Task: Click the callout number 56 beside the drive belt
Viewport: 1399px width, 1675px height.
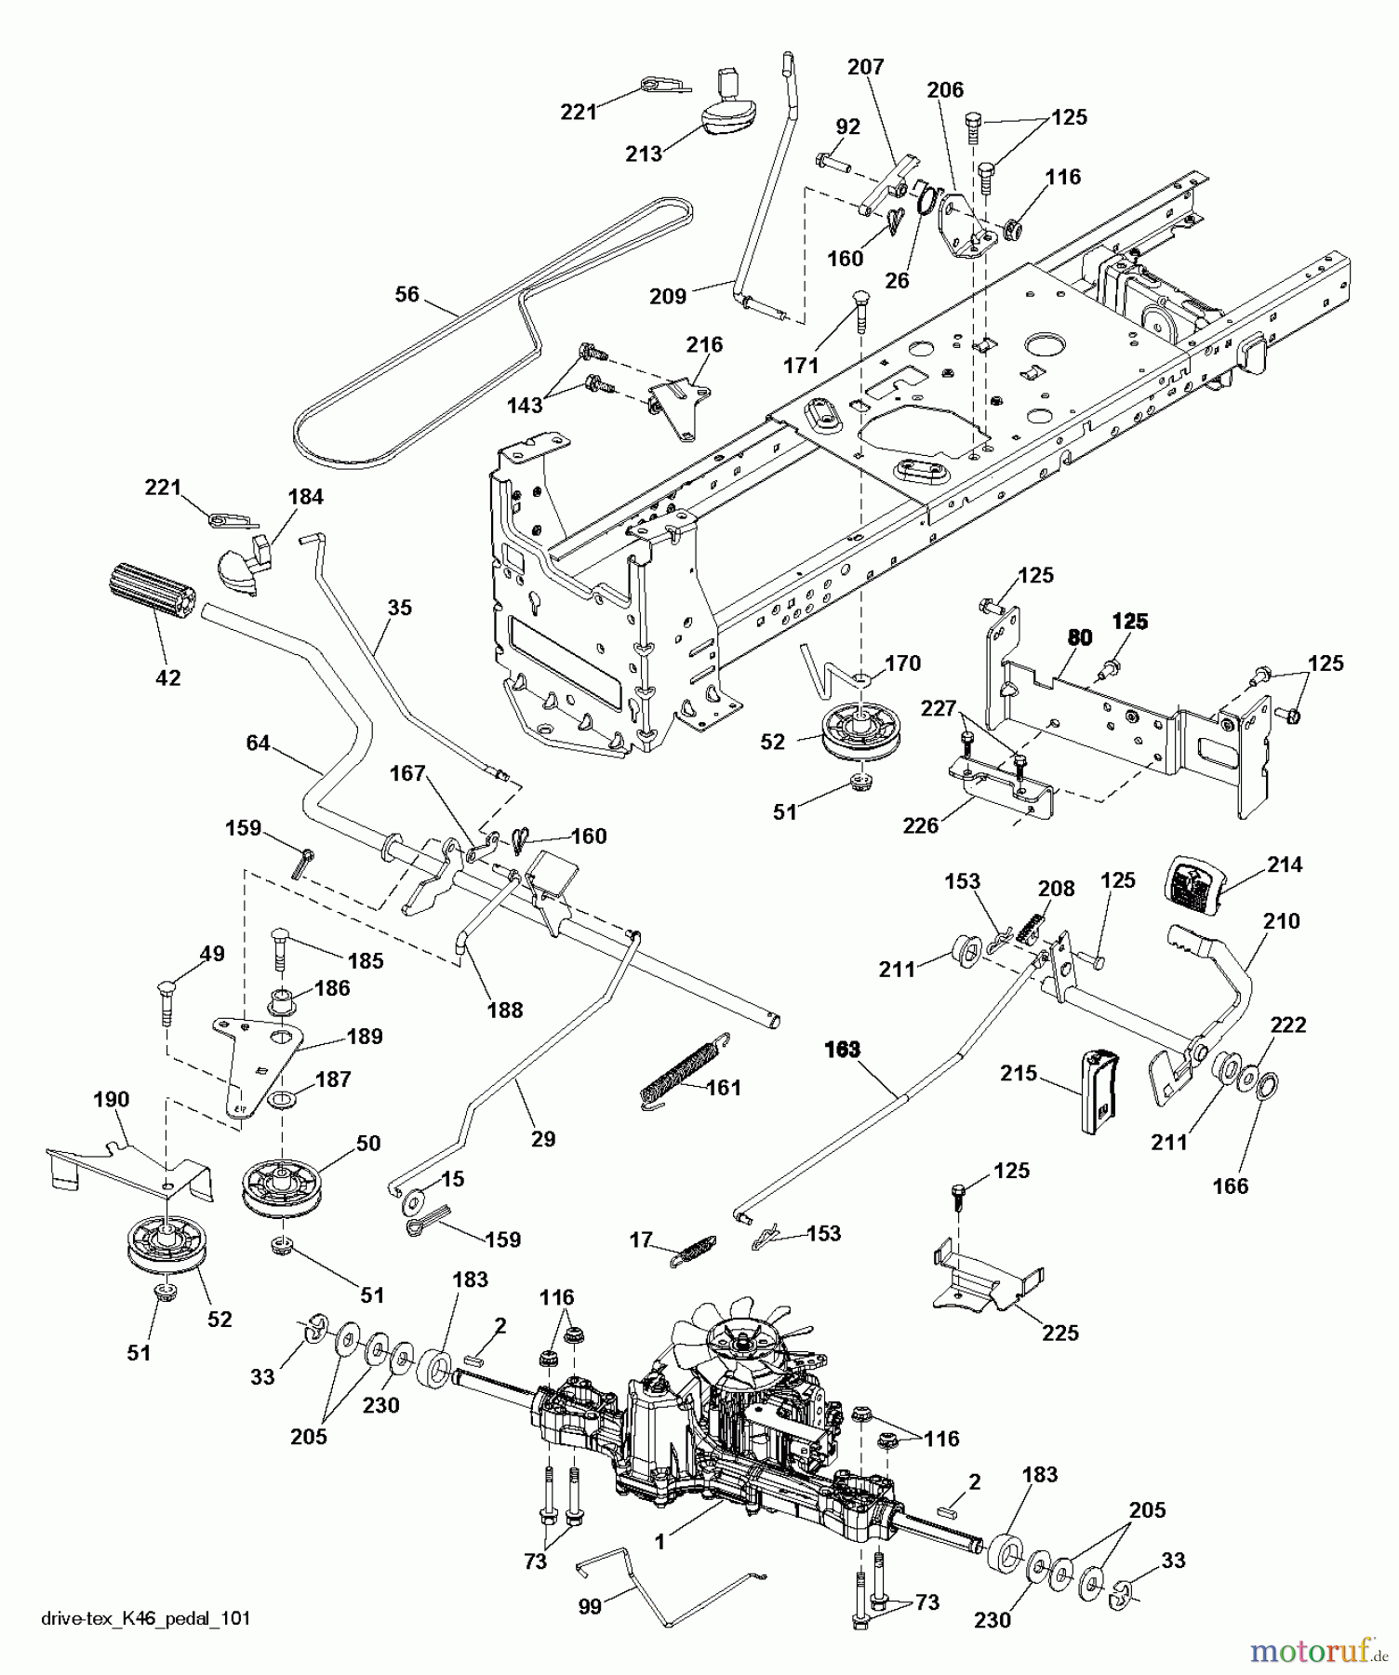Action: [406, 294]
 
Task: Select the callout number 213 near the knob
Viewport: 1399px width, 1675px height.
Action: [644, 154]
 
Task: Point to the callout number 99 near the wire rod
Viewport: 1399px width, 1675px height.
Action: [590, 1606]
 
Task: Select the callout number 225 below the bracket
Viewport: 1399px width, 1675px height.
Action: [1060, 1333]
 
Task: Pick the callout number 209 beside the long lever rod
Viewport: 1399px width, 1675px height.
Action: [668, 296]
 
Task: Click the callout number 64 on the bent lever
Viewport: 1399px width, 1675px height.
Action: [258, 743]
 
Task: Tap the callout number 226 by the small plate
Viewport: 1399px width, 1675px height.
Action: [921, 825]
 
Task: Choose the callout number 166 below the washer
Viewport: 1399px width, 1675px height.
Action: [1231, 1186]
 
